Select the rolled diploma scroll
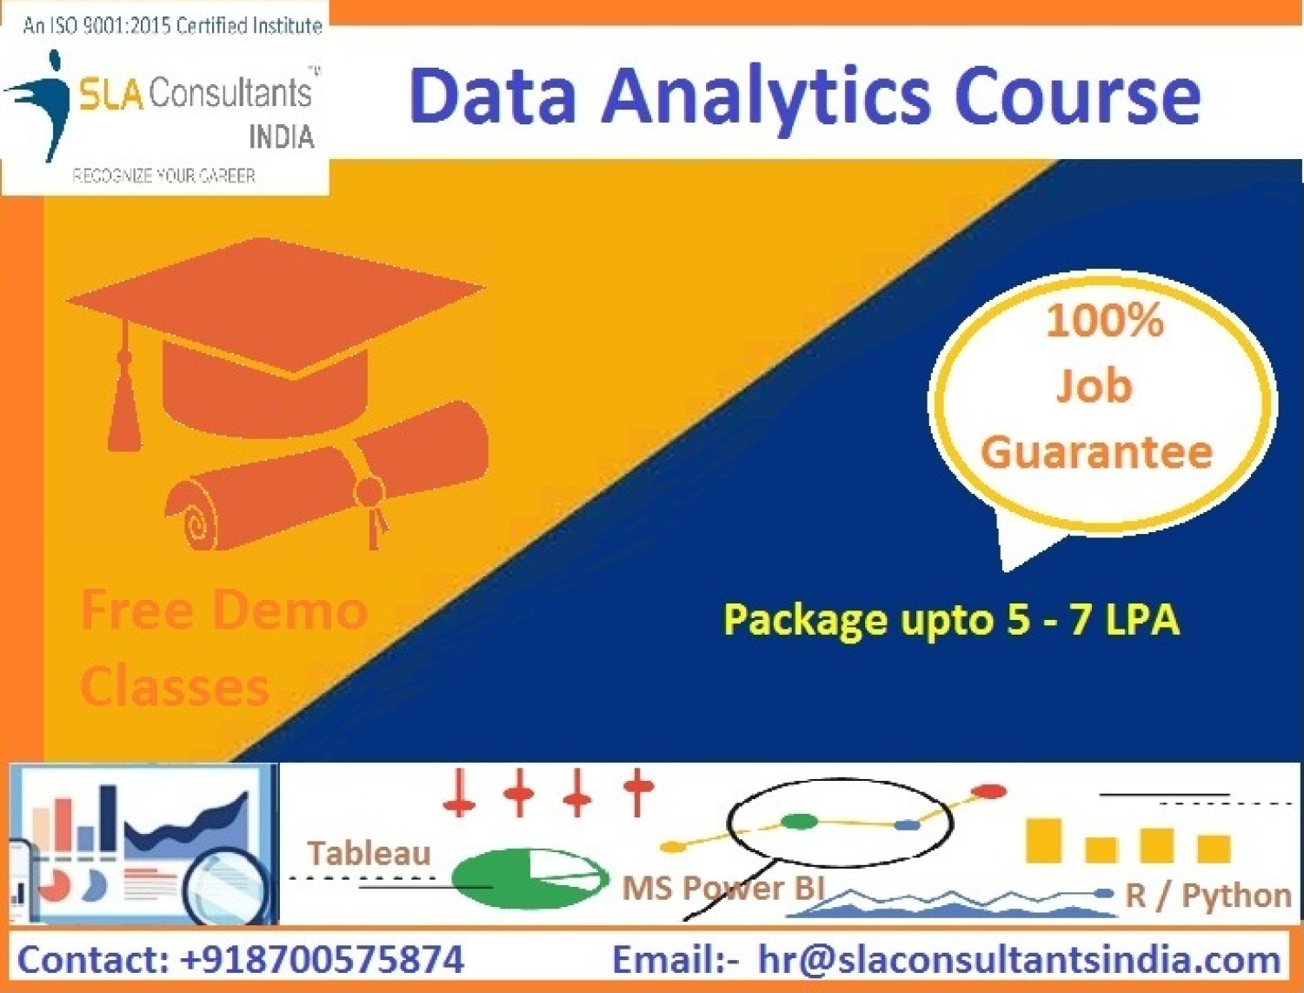coord(326,483)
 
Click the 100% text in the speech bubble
coord(1104,321)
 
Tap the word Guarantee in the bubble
coord(1096,452)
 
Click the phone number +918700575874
coord(322,960)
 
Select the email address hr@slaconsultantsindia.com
coord(1019,960)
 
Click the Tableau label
coord(369,853)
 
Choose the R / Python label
coord(1208,895)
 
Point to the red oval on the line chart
coord(988,791)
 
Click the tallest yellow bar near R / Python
coord(1043,840)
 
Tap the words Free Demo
coord(223,610)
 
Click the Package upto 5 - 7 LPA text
coord(951,620)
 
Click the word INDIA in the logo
coord(281,137)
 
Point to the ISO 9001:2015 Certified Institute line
coord(172,26)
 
